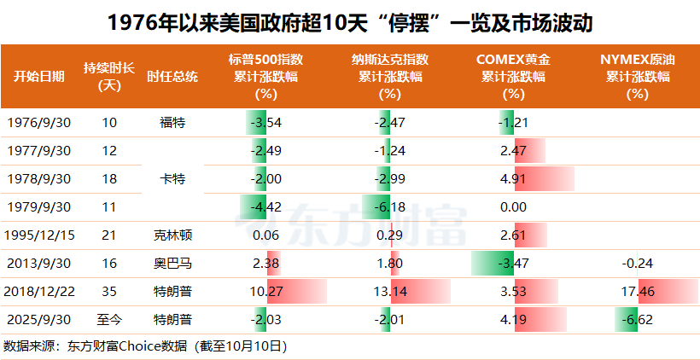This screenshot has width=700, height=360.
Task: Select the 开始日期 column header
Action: tap(38, 76)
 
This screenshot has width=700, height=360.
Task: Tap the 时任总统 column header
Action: tap(172, 76)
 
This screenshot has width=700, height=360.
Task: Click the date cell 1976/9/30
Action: tap(38, 122)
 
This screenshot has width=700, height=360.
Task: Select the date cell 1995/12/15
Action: tap(38, 234)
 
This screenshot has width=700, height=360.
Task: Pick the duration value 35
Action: tap(109, 291)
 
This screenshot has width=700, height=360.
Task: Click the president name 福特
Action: tap(172, 122)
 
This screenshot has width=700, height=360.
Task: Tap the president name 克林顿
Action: tap(172, 234)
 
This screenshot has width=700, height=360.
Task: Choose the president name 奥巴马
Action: tap(172, 263)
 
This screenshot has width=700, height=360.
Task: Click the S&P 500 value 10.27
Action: tap(266, 291)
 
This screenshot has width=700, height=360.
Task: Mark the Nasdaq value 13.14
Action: tap(390, 291)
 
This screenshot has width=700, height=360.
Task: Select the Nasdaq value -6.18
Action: tap(390, 206)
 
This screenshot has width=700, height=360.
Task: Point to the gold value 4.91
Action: tap(512, 179)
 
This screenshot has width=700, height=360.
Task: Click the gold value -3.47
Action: tap(512, 263)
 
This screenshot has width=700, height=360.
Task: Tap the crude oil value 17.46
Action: tap(637, 291)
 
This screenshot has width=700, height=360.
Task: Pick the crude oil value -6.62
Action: tap(637, 320)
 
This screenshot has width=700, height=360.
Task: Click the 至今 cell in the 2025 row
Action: tap(109, 320)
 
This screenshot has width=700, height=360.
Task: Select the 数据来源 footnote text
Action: tap(145, 346)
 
